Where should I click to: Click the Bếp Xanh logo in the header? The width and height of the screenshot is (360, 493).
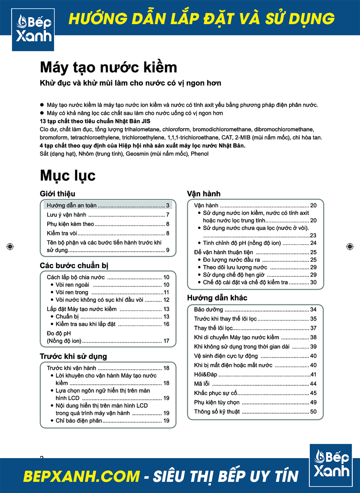tap(33, 30)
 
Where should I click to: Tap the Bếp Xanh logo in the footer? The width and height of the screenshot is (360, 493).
tap(331, 465)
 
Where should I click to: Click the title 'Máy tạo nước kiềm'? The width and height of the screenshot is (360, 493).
tap(108, 67)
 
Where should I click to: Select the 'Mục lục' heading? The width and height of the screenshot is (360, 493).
tap(68, 175)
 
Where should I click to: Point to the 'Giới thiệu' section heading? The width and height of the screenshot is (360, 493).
tap(58, 194)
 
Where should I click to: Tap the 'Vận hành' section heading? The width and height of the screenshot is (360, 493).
tap(204, 194)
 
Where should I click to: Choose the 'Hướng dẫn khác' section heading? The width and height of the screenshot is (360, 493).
tap(217, 298)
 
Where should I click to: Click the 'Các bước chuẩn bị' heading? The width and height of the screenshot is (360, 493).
tap(74, 266)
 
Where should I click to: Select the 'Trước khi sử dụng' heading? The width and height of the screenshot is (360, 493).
tap(73, 357)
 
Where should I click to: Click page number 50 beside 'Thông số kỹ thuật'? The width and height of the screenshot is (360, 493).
tap(313, 412)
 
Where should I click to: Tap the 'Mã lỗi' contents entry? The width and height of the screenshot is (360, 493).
tap(202, 384)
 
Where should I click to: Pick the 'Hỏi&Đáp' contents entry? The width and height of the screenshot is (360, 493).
tap(206, 375)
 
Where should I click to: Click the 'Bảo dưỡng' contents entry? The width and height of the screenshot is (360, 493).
tap(208, 310)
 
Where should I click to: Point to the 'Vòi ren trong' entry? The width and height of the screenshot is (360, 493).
tap(72, 292)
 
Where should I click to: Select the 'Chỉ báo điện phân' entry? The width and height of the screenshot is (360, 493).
tap(78, 421)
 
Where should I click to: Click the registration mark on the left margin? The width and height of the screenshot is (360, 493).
tap(10, 246)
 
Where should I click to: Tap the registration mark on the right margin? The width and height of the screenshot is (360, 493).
tap(350, 246)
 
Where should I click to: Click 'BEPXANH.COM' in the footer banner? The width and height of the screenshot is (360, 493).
tap(81, 476)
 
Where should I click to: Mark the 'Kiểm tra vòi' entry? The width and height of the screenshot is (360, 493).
tap(62, 233)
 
